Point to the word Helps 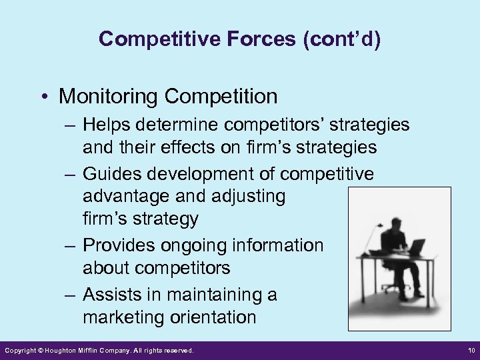(x=108, y=125)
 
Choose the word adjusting (x=246, y=196)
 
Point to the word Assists (x=113, y=294)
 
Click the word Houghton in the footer (x=64, y=350)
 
